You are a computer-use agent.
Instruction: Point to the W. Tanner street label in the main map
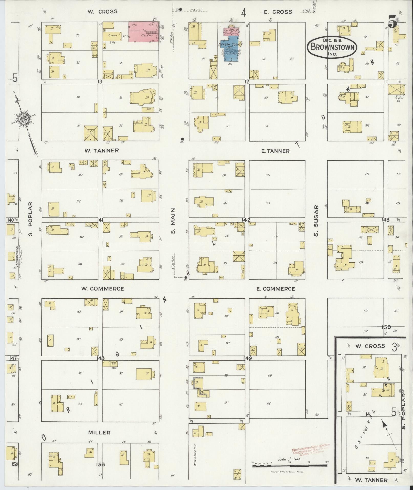(102, 150)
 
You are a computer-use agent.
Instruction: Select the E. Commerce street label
(276, 289)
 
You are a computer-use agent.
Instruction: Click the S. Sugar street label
(316, 221)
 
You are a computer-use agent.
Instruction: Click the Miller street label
(99, 433)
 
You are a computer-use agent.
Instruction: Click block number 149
(248, 358)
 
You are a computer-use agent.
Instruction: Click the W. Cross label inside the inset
(370, 346)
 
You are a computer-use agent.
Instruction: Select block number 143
(385, 220)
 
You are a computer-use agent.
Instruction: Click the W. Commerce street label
(102, 289)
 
